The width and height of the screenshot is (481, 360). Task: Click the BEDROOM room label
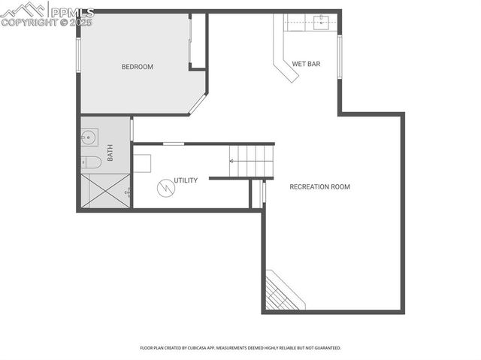pyautogui.click(x=137, y=67)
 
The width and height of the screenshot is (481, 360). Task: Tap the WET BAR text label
pyautogui.click(x=306, y=65)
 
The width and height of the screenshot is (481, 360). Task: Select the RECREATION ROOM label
pyautogui.click(x=319, y=186)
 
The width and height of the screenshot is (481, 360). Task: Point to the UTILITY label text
pyautogui.click(x=186, y=180)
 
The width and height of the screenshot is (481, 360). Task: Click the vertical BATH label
pyautogui.click(x=110, y=153)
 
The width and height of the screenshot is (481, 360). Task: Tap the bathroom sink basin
pyautogui.click(x=89, y=138)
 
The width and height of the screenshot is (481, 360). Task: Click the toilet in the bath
pyautogui.click(x=90, y=162)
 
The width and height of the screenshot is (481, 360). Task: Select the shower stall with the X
pyautogui.click(x=104, y=191)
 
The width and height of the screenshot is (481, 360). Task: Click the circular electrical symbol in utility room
pyautogui.click(x=165, y=186)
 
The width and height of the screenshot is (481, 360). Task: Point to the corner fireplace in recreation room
pyautogui.click(x=283, y=292)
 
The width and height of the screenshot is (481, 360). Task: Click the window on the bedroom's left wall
pyautogui.click(x=78, y=54)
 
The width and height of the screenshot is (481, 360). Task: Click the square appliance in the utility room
pyautogui.click(x=143, y=163)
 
